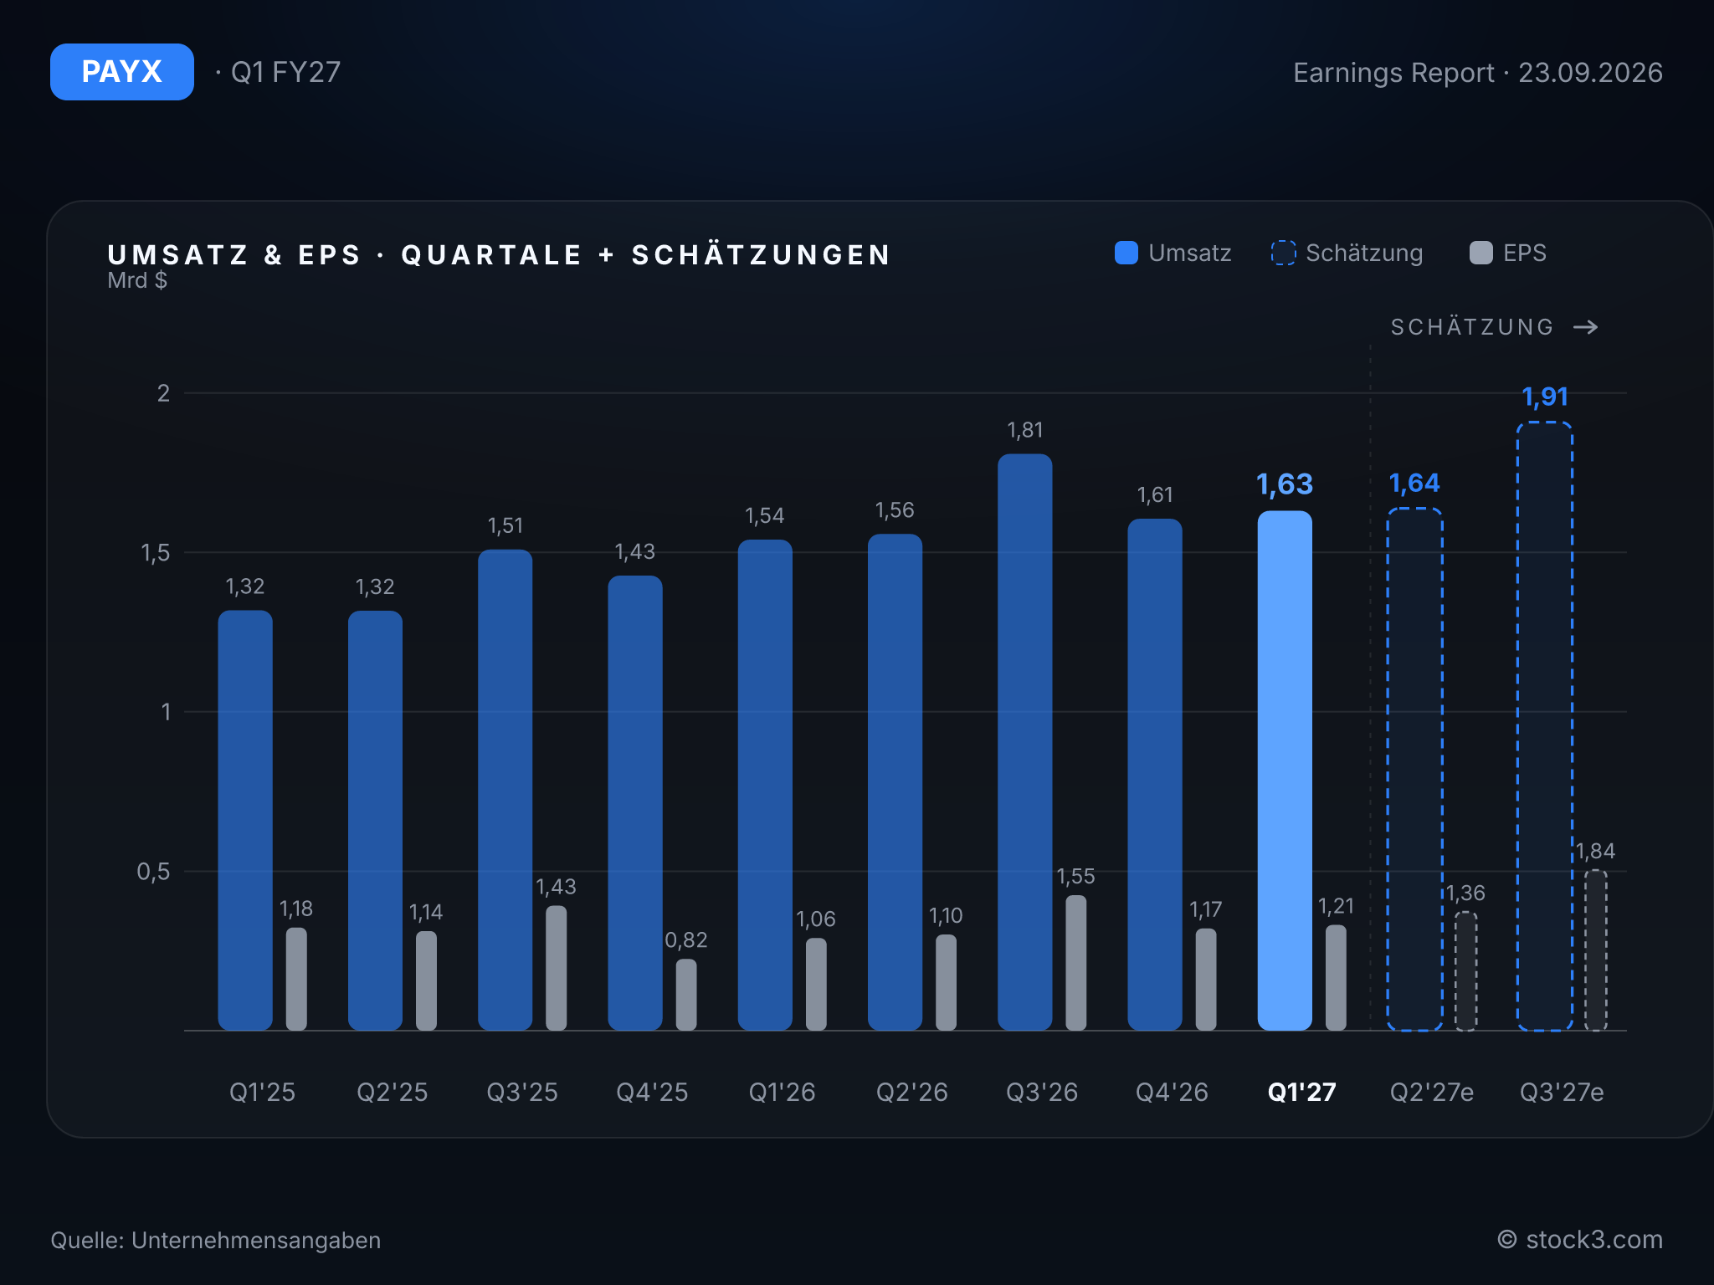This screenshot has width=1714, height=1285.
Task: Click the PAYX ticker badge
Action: [x=122, y=72]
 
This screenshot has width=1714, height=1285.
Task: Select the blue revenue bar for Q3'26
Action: [x=1024, y=742]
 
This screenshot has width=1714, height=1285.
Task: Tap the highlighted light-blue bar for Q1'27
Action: [x=1285, y=770]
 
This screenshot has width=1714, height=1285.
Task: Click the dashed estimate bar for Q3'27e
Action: [x=1545, y=726]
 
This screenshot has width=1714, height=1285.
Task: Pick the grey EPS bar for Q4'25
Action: [x=686, y=995]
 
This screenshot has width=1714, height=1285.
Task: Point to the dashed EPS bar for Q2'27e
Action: [x=1465, y=971]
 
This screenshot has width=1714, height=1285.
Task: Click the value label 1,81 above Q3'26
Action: [x=1024, y=430]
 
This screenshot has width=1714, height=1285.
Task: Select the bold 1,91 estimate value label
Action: [x=1545, y=397]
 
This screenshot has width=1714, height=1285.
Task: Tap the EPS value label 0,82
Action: [x=686, y=940]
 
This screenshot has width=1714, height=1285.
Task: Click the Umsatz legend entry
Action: [x=1173, y=253]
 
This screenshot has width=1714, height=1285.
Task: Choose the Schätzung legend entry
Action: [x=1347, y=253]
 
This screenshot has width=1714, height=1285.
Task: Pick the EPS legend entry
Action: [x=1508, y=253]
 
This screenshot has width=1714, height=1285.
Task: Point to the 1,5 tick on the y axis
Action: [x=156, y=553]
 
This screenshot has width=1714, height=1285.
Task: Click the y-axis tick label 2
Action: [x=163, y=393]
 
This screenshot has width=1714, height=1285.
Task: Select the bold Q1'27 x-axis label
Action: [x=1301, y=1092]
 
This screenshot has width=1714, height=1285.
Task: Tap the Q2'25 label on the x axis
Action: [x=392, y=1092]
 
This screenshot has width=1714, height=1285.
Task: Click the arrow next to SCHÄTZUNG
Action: [x=1585, y=327]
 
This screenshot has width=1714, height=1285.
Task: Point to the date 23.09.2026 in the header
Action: [x=1590, y=73]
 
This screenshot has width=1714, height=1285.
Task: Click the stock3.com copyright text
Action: [x=1580, y=1240]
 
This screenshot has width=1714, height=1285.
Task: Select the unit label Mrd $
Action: [x=137, y=280]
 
